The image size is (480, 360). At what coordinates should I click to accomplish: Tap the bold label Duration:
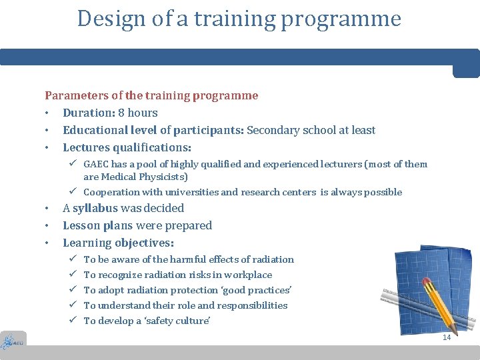point(89,113)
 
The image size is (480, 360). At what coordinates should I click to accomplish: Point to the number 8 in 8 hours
point(121,113)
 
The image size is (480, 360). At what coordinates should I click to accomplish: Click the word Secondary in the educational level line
point(273,130)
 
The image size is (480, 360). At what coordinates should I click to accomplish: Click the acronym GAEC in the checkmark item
point(97,164)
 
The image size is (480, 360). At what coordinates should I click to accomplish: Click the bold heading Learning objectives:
point(118,243)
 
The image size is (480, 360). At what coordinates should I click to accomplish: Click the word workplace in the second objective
point(248,275)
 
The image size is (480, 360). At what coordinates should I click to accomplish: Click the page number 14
point(447,337)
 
